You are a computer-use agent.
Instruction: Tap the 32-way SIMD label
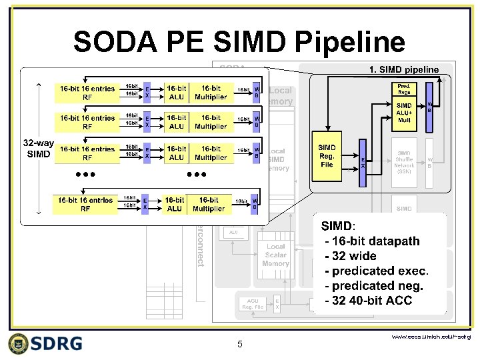click(x=38, y=149)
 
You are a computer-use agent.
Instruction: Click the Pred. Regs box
click(x=404, y=90)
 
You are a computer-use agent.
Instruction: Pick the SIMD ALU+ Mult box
click(x=405, y=114)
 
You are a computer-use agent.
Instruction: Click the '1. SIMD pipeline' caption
click(x=404, y=69)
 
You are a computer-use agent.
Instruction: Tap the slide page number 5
click(x=240, y=344)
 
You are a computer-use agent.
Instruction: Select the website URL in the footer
click(x=431, y=337)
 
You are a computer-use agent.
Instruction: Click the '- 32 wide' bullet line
click(x=351, y=256)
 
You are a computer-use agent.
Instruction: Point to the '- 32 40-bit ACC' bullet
click(x=368, y=301)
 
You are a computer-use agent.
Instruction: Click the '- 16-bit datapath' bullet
click(x=369, y=241)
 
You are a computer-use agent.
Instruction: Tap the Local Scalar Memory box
click(x=275, y=255)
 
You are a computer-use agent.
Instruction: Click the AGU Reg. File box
click(x=252, y=304)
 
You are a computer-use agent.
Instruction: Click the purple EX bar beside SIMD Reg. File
click(x=363, y=163)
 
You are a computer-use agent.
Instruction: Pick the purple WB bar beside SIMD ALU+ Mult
click(x=429, y=107)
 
